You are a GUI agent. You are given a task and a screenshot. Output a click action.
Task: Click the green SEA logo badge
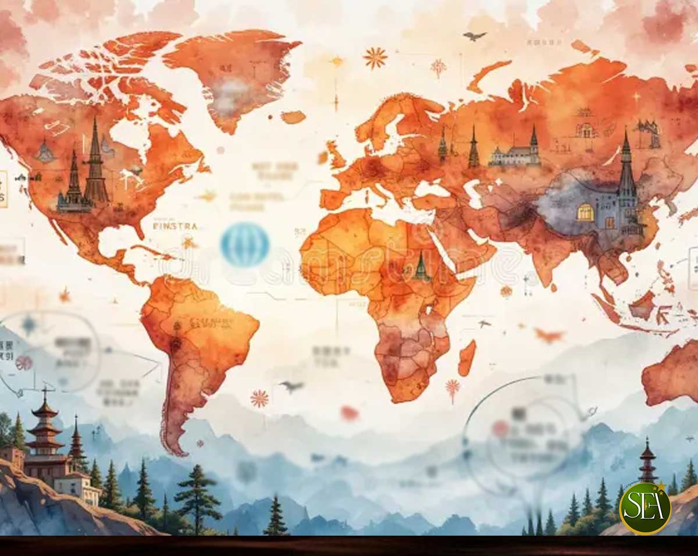coord(644,508)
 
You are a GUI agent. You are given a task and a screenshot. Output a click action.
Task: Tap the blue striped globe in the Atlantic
coord(245,245)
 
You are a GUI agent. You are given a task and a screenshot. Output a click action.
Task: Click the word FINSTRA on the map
coord(174,226)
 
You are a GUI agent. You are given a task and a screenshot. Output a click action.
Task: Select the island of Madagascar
coord(466,358)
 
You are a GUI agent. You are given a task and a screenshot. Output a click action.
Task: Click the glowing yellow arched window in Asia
coord(585,212)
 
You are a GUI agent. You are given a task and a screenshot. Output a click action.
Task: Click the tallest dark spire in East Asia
coord(626,169)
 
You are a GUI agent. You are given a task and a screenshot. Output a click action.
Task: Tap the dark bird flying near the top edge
coord(474,36)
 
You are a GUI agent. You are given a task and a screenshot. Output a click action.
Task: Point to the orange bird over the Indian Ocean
coord(549,335)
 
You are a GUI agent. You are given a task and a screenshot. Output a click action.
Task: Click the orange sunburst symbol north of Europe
coord(375,58)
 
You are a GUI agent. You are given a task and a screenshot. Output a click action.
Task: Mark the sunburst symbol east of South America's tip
coord(259,398)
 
